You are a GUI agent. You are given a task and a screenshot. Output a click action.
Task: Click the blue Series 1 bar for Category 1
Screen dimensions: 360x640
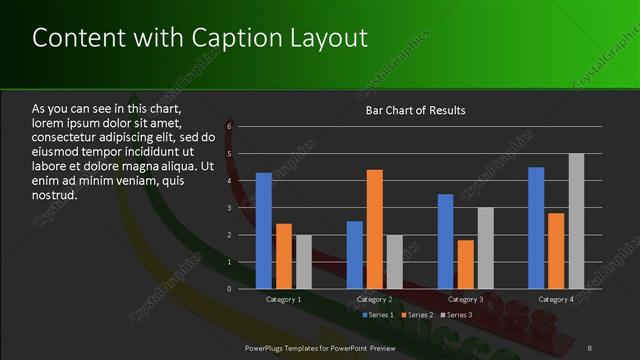coord(264,231)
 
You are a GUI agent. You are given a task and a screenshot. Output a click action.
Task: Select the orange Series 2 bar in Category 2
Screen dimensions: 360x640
coord(374,229)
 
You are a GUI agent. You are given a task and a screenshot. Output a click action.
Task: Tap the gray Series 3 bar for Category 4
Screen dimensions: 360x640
coord(576,221)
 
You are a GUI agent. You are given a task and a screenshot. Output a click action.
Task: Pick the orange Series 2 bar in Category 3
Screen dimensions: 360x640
coord(465,264)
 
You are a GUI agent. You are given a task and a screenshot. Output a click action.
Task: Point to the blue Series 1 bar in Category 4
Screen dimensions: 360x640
coord(536,228)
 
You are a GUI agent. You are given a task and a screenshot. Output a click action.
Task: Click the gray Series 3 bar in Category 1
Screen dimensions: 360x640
coord(303,262)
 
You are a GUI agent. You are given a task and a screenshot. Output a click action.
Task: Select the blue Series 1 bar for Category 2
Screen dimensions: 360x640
coord(355,255)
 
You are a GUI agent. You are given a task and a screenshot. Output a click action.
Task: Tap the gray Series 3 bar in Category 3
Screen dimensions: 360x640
coord(485,248)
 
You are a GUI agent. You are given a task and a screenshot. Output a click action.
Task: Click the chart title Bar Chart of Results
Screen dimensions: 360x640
coord(415,110)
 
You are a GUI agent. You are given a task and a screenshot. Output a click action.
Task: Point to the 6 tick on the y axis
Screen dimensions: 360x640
coord(229,127)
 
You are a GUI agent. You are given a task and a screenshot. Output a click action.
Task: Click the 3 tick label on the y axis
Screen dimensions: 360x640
coord(229,208)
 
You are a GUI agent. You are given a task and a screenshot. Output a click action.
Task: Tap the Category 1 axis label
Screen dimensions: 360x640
coord(284,299)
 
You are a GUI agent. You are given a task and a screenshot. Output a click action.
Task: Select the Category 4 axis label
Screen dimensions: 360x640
coord(556,299)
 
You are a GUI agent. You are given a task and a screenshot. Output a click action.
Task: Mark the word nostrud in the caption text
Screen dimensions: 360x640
coord(54,195)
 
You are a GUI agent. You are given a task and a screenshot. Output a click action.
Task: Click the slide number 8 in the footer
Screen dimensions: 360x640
coord(590,346)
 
